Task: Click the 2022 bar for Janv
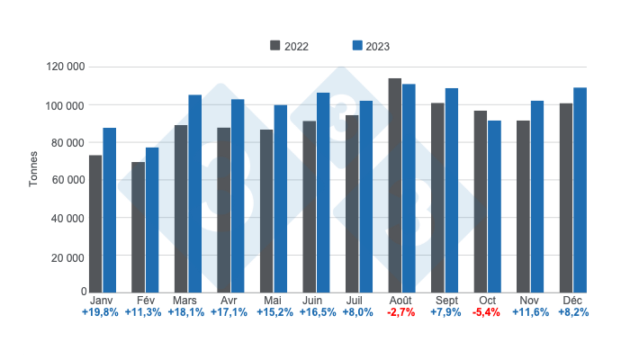95,223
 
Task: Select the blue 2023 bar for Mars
195,193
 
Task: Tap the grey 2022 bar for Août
394,184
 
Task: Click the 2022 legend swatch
274,46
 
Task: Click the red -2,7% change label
402,313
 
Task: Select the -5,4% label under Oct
488,313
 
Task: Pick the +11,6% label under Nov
530,313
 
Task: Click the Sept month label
445,300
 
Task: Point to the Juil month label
359,300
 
